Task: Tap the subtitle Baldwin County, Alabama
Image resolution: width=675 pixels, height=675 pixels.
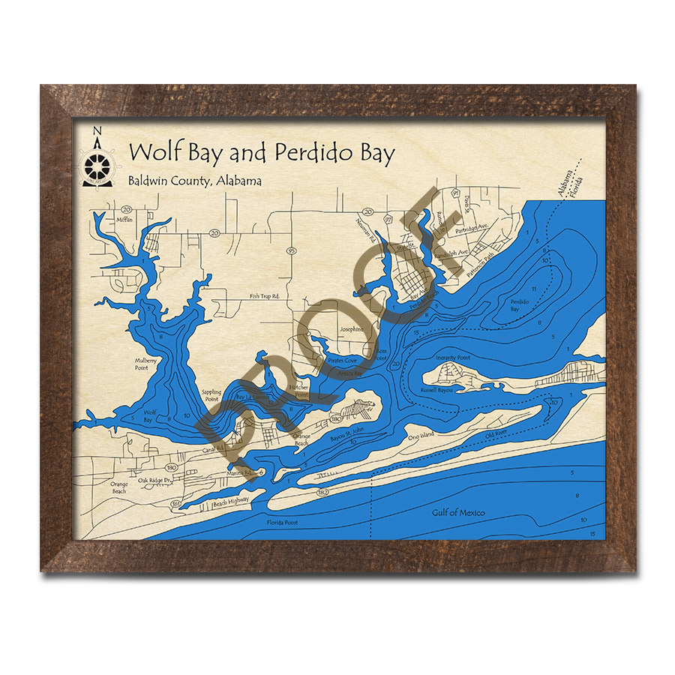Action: [194, 182]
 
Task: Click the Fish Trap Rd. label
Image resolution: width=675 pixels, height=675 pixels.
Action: [265, 297]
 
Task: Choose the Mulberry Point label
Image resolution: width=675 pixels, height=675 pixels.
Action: [146, 364]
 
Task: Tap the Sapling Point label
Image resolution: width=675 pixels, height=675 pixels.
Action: [212, 395]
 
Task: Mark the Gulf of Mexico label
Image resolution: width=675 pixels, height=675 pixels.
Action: [458, 513]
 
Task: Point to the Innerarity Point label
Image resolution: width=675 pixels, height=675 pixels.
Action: [452, 358]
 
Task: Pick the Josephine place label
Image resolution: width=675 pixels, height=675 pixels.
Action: [352, 329]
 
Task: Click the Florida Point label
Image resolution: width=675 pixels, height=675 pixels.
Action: [285, 522]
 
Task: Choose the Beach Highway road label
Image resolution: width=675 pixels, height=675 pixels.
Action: [231, 504]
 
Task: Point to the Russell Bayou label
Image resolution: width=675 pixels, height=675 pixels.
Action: [439, 390]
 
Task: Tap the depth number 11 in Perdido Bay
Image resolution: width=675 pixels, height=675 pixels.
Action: [533, 289]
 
